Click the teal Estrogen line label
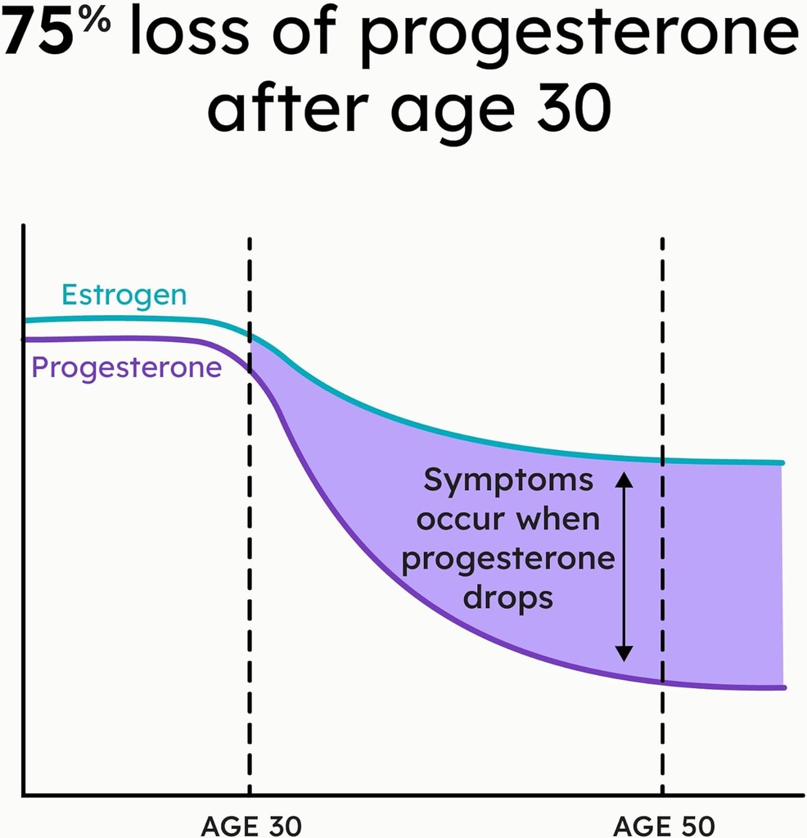click(124, 295)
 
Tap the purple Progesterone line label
click(126, 367)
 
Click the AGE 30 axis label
click(251, 825)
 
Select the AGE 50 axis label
click(664, 825)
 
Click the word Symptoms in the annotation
click(507, 481)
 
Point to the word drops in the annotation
click(508, 598)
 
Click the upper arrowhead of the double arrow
click(624, 480)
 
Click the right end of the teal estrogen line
click(782, 463)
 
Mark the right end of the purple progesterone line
click(782, 687)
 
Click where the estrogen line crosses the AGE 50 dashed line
click(662, 460)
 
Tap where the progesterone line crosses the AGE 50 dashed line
click(662, 681)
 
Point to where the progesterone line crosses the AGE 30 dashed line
click(250, 367)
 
